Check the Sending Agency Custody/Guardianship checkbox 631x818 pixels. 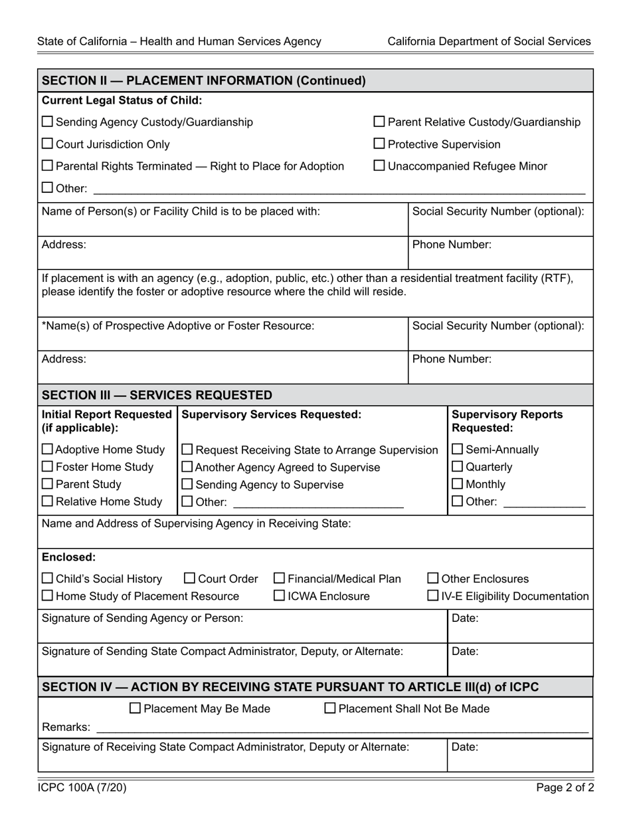[48, 122]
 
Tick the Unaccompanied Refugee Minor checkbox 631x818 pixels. [379, 166]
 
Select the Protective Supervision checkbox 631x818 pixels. [379, 144]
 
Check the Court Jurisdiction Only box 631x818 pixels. [48, 144]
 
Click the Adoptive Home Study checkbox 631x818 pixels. [48, 450]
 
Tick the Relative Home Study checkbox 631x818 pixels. [48, 501]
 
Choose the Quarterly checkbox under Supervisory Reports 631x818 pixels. [458, 467]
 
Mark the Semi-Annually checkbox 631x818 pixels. [458, 450]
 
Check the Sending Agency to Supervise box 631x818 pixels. [187, 484]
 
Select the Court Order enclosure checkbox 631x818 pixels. [189, 579]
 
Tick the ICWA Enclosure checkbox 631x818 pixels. [280, 596]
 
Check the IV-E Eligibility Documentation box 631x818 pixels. [433, 596]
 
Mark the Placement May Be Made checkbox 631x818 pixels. [135, 708]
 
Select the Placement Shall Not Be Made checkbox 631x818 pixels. [330, 708]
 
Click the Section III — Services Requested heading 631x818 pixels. [157, 395]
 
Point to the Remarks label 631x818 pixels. [66, 727]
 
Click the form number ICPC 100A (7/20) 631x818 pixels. [82, 788]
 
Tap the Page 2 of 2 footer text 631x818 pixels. [565, 788]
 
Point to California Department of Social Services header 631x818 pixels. [489, 41]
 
